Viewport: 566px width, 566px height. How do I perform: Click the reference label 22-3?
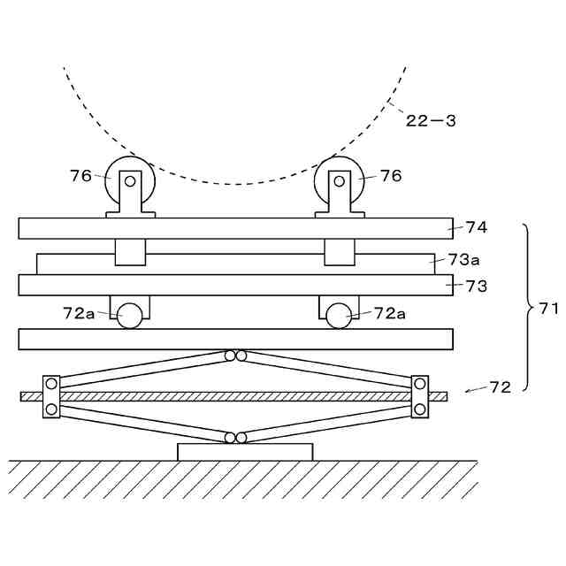tap(431, 121)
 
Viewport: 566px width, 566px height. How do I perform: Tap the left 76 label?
tap(80, 176)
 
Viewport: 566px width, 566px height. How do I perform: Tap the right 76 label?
tap(391, 176)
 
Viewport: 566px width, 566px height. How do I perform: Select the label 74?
tap(477, 227)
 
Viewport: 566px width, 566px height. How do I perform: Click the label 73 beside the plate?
tap(477, 287)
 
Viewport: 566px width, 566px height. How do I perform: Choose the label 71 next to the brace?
tap(548, 309)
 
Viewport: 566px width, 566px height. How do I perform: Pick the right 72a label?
tap(389, 312)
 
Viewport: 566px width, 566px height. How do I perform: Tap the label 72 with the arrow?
tap(500, 387)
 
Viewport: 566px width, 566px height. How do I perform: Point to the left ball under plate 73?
tap(130, 316)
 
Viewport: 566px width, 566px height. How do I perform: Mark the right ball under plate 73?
tap(338, 316)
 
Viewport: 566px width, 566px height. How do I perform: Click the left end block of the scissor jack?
tap(51, 396)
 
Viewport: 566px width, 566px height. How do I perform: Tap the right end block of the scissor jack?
tap(419, 396)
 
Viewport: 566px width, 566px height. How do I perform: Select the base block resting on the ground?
tap(245, 452)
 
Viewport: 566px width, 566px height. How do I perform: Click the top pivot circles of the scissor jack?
tap(235, 356)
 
